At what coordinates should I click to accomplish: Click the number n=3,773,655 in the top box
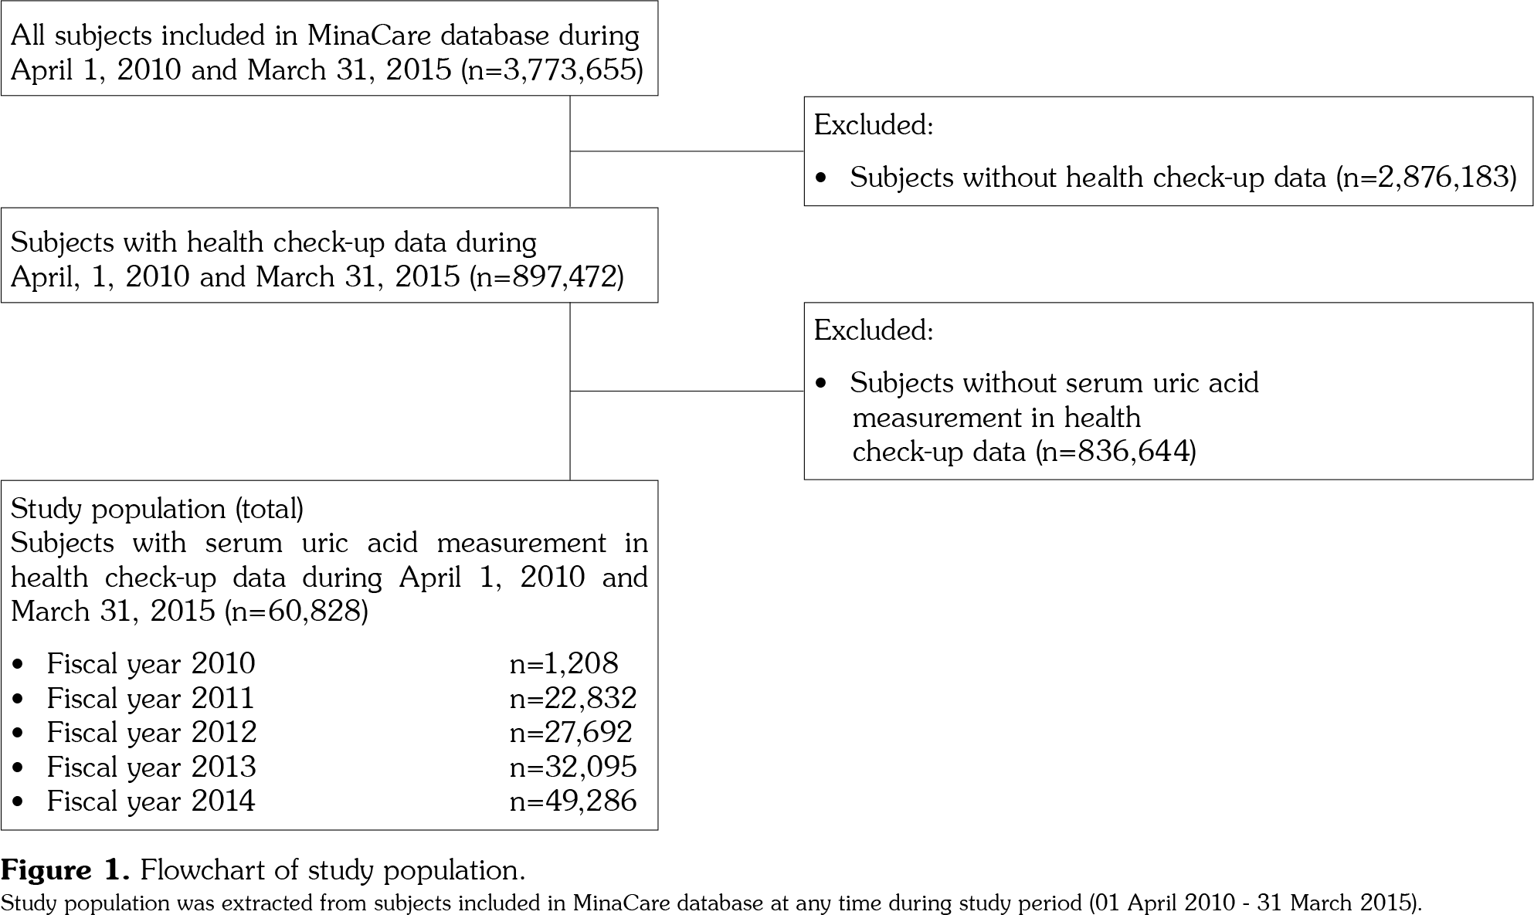click(x=552, y=70)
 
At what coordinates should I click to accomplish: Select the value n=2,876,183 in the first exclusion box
click(x=1426, y=178)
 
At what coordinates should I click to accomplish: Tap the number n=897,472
click(x=547, y=276)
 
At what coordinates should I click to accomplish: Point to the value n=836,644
click(x=1115, y=451)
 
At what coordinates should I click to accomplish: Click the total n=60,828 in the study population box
click(x=296, y=612)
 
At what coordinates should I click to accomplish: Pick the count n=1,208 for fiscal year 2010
click(x=564, y=663)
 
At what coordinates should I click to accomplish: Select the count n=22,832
click(x=573, y=698)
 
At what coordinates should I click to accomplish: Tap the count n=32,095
click(x=573, y=767)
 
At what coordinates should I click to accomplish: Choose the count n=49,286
click(x=573, y=801)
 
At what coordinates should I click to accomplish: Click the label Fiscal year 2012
click(x=151, y=732)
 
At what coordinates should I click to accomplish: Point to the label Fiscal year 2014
click(x=151, y=801)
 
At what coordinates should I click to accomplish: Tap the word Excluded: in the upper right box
click(x=874, y=125)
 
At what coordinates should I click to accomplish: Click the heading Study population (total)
click(x=157, y=509)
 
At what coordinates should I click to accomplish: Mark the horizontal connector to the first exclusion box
click(x=687, y=151)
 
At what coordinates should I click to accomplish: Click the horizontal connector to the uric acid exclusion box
click(x=687, y=391)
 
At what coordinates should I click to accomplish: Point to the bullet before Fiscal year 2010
click(x=19, y=664)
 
